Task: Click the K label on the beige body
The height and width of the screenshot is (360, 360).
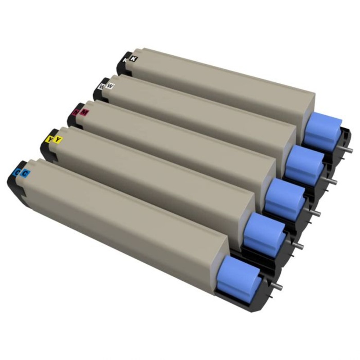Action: pos(133,58)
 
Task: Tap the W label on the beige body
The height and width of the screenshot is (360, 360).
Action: pos(111,84)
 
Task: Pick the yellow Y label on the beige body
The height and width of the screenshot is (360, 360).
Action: pos(58,139)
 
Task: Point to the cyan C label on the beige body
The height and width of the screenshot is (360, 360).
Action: pos(26,172)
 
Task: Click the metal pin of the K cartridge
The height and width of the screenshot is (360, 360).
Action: pos(348,150)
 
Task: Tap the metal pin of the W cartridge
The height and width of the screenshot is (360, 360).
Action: pos(333,180)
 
